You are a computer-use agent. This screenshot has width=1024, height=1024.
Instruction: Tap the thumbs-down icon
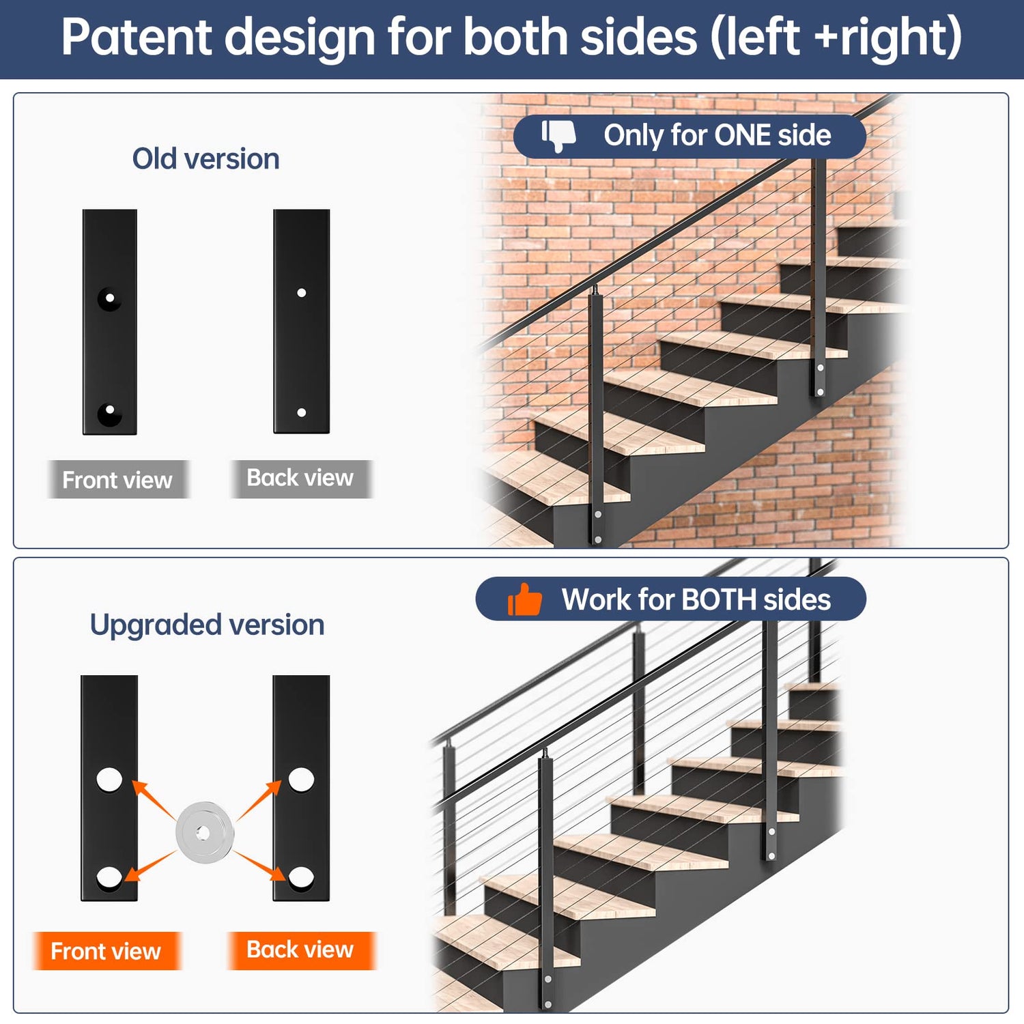click(558, 136)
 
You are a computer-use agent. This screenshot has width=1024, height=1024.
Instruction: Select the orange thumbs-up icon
click(524, 600)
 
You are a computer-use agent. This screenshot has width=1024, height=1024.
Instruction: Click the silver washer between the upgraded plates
click(204, 832)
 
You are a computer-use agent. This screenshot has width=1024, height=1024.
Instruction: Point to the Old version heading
click(205, 159)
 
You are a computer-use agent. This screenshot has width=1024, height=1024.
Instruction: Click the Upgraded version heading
click(207, 625)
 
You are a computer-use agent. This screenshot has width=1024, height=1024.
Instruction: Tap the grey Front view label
click(117, 480)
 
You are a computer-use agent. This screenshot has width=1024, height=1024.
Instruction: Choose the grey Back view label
click(300, 478)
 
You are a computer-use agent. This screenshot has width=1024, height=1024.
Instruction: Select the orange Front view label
click(106, 951)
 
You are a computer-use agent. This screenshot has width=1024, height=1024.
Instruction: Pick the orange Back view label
click(300, 950)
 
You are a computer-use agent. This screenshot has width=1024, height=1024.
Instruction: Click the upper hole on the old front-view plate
click(109, 298)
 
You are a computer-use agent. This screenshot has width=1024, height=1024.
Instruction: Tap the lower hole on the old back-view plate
click(302, 412)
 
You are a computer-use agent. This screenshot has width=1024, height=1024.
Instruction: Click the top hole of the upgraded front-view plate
click(109, 779)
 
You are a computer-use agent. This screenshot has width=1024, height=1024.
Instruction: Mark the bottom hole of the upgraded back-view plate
click(301, 877)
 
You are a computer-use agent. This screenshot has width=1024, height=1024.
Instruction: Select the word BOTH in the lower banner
click(718, 600)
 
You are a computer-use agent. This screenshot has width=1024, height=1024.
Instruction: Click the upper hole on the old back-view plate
click(302, 293)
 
